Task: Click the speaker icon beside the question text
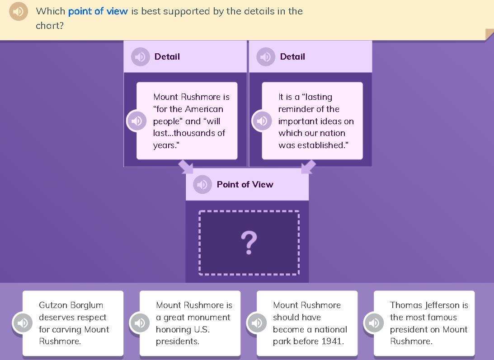coord(19,11)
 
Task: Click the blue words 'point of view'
coord(98,11)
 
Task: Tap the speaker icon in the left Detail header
coord(140,57)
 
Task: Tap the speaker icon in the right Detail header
coord(266,57)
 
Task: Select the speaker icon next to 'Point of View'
coord(202,184)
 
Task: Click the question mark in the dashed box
coord(249,243)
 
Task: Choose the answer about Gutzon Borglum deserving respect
coord(73,323)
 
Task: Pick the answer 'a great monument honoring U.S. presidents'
coord(190,323)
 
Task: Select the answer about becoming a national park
coord(307,323)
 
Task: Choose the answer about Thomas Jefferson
coord(424,323)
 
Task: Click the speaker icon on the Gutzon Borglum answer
coord(22,323)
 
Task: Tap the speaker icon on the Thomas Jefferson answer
coord(374,323)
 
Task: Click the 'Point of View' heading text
coord(245,184)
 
